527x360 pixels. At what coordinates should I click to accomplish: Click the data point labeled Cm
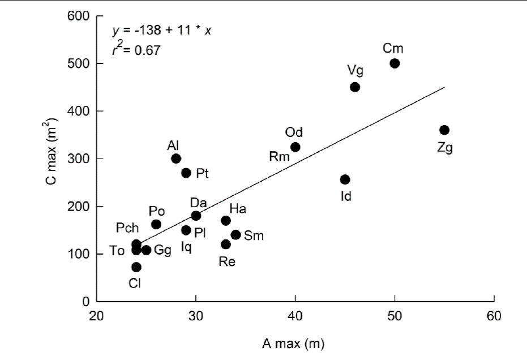(395, 63)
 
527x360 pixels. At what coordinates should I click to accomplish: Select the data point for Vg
(355, 87)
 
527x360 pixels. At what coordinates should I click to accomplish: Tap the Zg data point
(444, 130)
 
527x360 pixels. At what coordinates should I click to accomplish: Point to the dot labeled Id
(345, 179)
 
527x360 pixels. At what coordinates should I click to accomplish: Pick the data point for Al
(176, 158)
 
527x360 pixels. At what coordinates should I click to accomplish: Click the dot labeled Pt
(186, 173)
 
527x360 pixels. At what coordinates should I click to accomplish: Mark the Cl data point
(136, 267)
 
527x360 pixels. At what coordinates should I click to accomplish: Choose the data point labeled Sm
(235, 234)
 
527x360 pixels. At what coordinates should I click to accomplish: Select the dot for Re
(226, 245)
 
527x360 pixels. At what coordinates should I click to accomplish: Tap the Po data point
(156, 225)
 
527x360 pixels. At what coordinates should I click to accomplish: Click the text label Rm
(279, 157)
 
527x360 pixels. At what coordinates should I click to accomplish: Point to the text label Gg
(163, 251)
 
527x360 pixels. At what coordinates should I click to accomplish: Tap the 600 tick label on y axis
(81, 16)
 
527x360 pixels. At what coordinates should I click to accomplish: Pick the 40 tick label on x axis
(295, 315)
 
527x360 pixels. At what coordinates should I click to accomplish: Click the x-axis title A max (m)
(295, 343)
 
